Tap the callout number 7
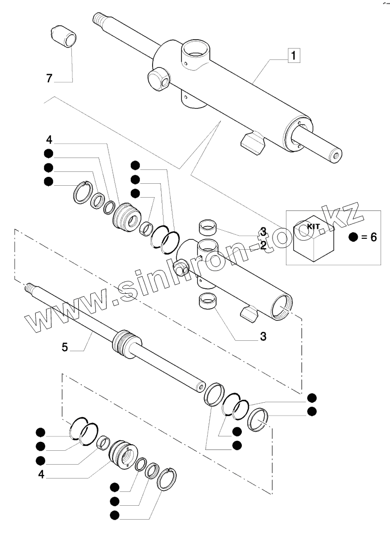49,78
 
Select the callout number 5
65,347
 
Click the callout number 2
263,245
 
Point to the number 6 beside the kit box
372,237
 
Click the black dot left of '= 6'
353,237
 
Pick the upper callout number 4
49,138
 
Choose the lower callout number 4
42,474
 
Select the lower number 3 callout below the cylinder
263,337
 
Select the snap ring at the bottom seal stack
168,479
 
